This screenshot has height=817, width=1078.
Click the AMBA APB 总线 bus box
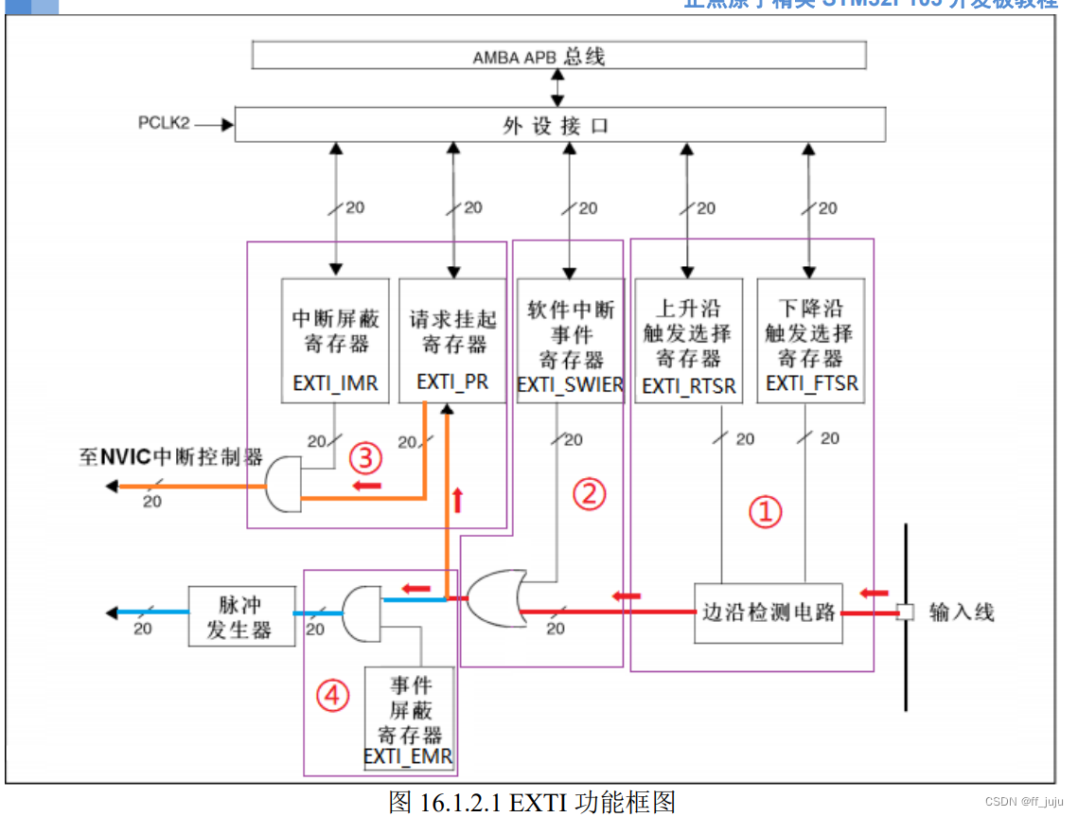558,55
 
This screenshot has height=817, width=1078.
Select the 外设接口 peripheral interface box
558,124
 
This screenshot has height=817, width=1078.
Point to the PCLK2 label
165,123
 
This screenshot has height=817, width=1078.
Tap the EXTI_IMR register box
335,339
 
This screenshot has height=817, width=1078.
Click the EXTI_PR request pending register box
453,339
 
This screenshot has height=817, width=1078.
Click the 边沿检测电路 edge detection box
769,611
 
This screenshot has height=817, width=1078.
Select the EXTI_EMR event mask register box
409,719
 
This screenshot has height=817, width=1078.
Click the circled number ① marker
766,512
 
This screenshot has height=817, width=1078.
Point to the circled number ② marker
589,493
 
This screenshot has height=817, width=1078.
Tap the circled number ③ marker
366,459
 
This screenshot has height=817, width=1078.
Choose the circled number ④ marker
332,696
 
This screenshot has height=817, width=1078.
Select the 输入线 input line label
962,612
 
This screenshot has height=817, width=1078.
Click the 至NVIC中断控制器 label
170,457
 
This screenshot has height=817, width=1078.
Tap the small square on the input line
905,612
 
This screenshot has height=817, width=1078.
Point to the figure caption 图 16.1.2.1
532,802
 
